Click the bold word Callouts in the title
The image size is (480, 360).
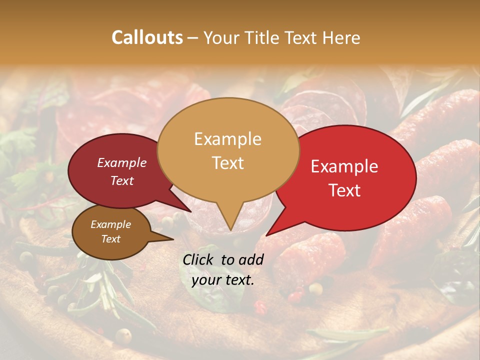(x=147, y=37)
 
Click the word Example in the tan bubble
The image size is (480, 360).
(x=227, y=139)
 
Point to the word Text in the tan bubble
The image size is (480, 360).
(x=227, y=162)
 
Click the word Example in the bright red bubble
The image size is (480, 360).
(x=344, y=166)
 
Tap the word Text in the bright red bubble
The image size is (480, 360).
(x=344, y=190)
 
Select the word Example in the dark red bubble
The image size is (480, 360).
(x=122, y=162)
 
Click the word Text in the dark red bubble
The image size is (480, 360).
(x=122, y=180)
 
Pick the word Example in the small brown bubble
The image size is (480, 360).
(x=111, y=224)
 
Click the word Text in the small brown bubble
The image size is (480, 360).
(x=111, y=239)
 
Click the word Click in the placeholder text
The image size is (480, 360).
(x=199, y=259)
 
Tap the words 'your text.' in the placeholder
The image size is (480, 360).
(x=223, y=280)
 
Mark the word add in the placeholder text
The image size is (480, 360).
(x=251, y=259)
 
